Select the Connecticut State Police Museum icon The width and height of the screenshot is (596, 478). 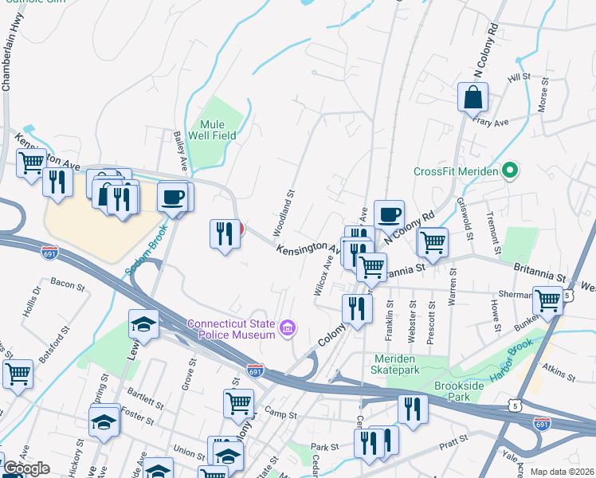point(288,327)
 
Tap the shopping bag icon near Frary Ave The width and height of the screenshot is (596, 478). point(472,97)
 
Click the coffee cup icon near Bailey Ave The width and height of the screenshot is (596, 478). point(172,196)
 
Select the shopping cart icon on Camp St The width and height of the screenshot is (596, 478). point(238,403)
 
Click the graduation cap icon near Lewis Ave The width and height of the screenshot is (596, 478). point(144,323)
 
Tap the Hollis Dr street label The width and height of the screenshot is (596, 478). point(33,304)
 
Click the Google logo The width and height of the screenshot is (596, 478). point(26,468)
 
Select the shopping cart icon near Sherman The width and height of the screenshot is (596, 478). point(547,300)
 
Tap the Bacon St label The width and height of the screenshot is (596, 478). point(67,282)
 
